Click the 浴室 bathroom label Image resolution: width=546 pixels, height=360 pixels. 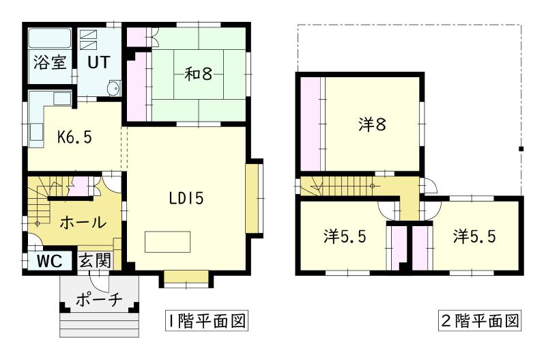tap(50, 62)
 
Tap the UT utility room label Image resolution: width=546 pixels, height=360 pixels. tap(97, 62)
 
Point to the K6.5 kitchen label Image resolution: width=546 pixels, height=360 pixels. tap(74, 136)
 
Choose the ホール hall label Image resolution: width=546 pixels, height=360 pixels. tap(83, 222)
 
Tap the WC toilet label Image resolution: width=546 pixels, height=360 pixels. tap(49, 260)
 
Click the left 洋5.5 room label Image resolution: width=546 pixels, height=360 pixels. tap(345, 237)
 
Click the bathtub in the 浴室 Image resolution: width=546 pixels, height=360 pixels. tap(50, 38)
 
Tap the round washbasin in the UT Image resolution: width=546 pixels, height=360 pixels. tap(114, 87)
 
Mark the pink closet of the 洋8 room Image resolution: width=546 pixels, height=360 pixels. tap(311, 123)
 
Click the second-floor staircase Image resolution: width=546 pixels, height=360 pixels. tap(341, 185)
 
